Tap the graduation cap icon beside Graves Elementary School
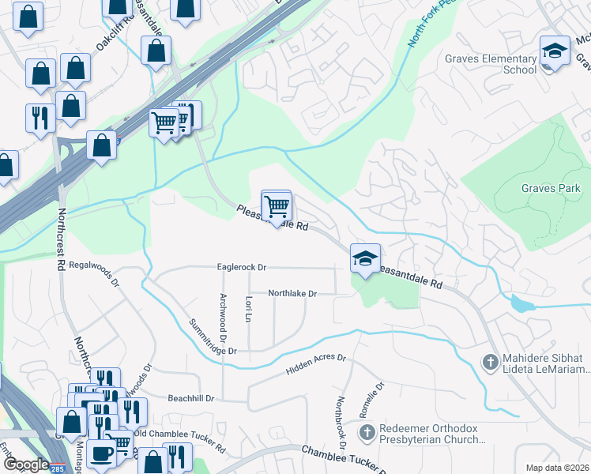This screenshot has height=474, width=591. (555, 51)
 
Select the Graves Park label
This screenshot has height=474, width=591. (551, 188)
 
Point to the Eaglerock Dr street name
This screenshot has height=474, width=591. (242, 268)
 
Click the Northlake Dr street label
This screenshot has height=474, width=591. (292, 293)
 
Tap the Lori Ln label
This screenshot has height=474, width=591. (248, 309)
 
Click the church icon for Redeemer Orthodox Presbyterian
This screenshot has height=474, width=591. (366, 432)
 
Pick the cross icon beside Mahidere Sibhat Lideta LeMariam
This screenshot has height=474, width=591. (490, 362)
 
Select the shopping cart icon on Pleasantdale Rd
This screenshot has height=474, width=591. (277, 206)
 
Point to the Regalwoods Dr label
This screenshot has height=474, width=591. (93, 273)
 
